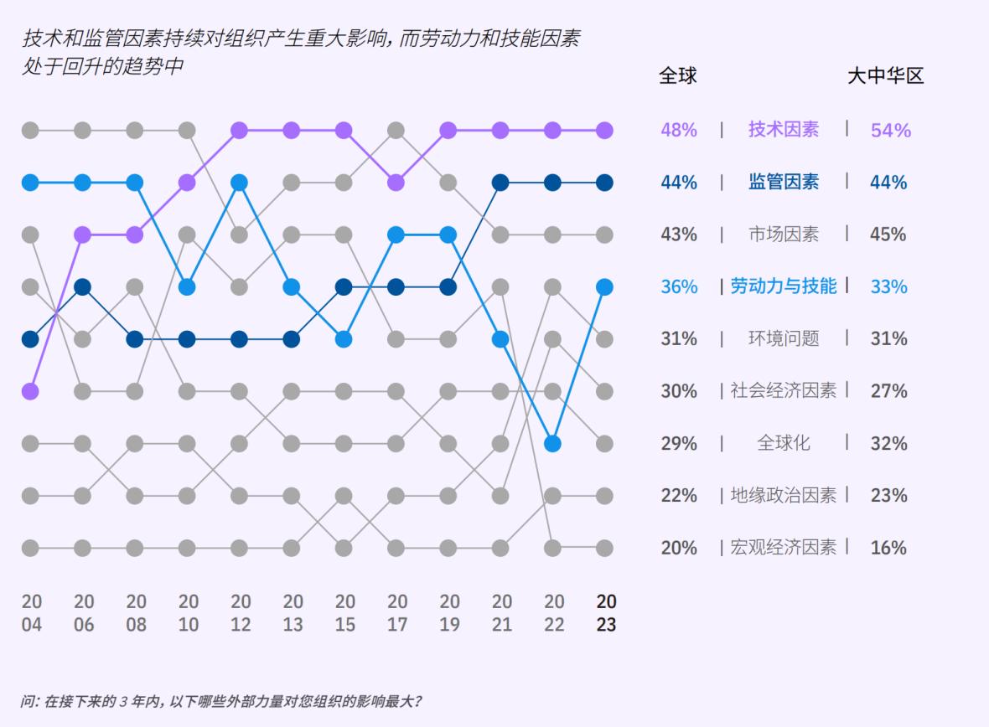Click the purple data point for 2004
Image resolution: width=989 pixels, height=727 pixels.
click(30, 391)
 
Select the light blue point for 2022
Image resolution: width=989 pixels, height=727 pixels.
click(552, 443)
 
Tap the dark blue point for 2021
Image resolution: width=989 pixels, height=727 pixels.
click(500, 183)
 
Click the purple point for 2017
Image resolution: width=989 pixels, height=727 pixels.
click(396, 183)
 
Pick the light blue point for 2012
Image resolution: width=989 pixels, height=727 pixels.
click(239, 183)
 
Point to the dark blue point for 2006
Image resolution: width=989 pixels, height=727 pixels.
click(82, 287)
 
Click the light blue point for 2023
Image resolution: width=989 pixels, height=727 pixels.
click(604, 287)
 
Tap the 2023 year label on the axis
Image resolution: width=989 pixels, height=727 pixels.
click(606, 613)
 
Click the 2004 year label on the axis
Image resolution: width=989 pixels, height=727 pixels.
click(31, 613)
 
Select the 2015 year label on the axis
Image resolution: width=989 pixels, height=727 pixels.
click(344, 613)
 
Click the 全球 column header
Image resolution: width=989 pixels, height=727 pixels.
click(678, 76)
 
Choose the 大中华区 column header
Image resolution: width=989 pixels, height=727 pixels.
click(885, 76)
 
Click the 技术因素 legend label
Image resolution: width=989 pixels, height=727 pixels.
click(784, 130)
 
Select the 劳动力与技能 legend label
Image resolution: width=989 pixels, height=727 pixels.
click(784, 286)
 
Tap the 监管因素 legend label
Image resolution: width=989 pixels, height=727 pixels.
click(784, 182)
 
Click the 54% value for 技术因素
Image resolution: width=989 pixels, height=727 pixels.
click(890, 131)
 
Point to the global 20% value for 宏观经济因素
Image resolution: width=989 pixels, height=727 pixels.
click(679, 548)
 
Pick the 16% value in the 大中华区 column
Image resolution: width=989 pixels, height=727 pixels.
click(888, 548)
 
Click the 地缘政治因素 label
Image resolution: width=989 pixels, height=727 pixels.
click(784, 496)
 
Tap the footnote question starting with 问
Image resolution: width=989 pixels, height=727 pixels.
click(221, 700)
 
